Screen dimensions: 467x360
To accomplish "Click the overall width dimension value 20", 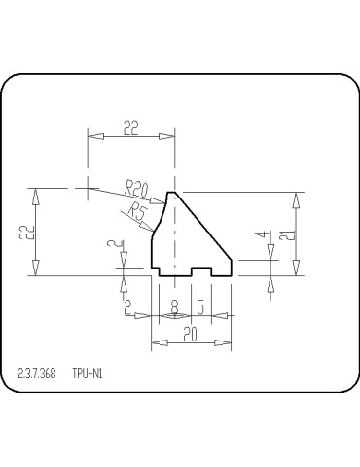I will point(191,333).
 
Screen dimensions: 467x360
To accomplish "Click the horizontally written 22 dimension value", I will point(130,126).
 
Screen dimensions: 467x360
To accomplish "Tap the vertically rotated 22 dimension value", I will point(26,233).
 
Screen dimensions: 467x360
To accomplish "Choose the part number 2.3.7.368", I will point(37,373).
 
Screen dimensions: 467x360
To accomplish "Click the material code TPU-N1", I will point(87,373).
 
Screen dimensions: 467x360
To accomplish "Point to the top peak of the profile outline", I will point(174,192).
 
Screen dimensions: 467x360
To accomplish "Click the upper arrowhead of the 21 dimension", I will point(298,198).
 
